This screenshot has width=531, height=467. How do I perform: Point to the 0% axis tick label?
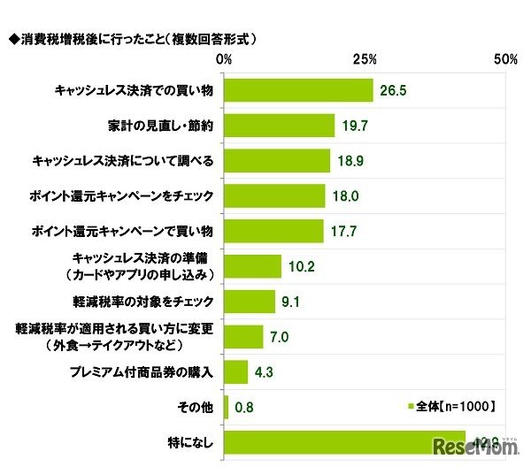225,59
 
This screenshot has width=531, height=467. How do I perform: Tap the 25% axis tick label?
365,59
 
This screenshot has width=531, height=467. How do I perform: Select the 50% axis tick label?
505,59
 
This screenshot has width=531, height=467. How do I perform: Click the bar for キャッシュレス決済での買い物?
299,90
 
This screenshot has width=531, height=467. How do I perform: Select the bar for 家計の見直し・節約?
280,126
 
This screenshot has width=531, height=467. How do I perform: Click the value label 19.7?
355,126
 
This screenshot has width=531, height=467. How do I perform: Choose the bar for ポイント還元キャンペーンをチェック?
275,195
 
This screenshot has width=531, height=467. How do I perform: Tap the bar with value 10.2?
253,266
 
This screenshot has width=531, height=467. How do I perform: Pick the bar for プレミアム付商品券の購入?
236,372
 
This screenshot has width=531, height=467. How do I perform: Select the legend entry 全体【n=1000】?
454,406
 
